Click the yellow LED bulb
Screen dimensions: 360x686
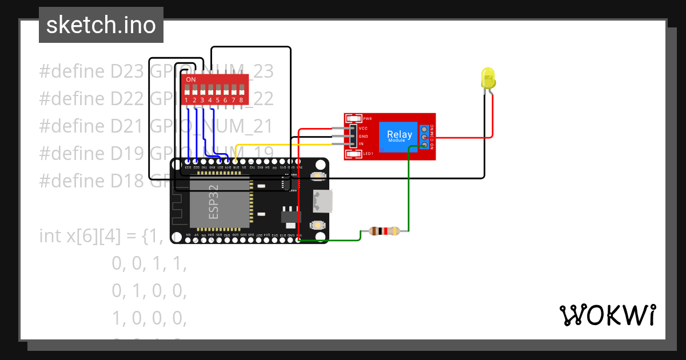point(488,78)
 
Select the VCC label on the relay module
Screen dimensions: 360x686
point(363,128)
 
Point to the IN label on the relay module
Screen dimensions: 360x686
point(361,143)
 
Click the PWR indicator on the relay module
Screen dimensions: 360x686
point(354,118)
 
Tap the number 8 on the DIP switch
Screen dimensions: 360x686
point(241,100)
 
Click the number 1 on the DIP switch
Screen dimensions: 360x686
point(186,100)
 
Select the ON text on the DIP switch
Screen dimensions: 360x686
point(191,79)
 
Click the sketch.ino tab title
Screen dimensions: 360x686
point(101,25)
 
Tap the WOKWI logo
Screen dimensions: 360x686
point(607,315)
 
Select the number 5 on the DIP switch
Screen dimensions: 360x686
point(218,100)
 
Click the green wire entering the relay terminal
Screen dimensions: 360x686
point(409,189)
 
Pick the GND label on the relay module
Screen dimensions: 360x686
point(363,136)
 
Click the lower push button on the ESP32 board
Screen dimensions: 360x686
point(318,226)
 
